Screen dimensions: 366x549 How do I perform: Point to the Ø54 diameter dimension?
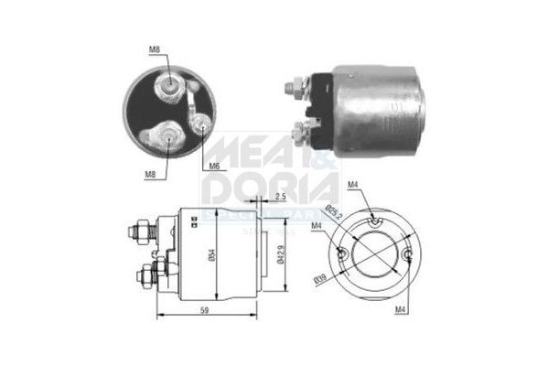coord(210,257)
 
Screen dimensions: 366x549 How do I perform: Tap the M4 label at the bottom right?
coord(401,310)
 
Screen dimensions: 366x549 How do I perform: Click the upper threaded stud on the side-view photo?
coord(292,89)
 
